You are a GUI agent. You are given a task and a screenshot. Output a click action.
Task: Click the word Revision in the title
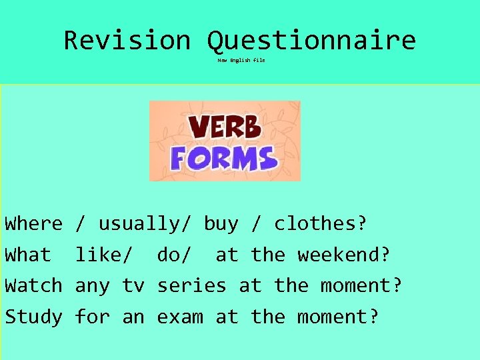coord(127,41)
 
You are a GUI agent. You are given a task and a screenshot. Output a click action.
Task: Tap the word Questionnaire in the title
coord(311,41)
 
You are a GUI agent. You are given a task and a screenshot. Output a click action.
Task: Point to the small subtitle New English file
coord(241,60)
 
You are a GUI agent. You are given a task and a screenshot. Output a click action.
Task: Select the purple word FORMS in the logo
coord(224,159)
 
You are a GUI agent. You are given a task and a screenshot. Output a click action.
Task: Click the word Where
coord(33,224)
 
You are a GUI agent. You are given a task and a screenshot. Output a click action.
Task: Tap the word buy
coord(221,224)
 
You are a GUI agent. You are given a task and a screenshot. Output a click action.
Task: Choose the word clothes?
coord(320,224)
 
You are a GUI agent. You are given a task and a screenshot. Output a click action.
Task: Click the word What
coord(28,255)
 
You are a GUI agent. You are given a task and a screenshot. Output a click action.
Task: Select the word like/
coord(107,255)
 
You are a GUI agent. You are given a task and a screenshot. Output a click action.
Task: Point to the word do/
coord(175,255)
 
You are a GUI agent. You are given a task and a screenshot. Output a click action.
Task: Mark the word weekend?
coord(343,255)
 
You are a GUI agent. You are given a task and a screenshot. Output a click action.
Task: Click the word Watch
coord(33,286)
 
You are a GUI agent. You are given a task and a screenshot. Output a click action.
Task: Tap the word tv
coord(133,286)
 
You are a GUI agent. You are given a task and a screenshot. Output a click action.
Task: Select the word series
coord(191,286)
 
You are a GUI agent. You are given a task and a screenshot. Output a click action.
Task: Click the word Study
coord(33,317)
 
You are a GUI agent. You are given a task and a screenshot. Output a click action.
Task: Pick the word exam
coord(180,317)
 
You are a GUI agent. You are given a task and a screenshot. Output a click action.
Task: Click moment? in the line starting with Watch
coord(361,286)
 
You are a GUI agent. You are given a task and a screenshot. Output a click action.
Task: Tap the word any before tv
coord(92,286)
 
